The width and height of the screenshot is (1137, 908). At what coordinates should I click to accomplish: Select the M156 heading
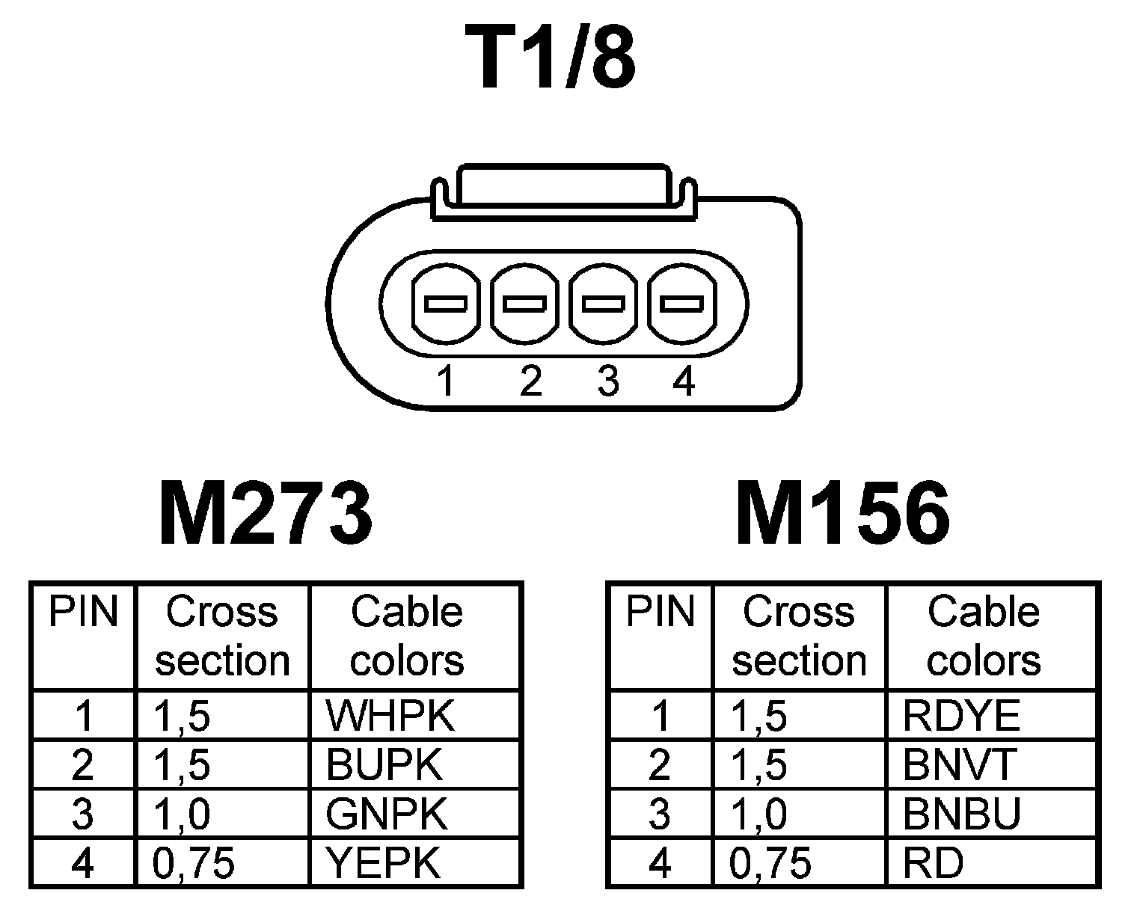842,514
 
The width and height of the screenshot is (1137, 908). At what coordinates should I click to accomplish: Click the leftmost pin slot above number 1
446,304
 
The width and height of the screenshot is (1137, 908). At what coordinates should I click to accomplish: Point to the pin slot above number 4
681,304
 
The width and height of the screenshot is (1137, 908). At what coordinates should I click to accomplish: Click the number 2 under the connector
530,381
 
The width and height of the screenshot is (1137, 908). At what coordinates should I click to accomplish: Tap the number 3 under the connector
608,381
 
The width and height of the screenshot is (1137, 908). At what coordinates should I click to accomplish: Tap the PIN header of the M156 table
660,612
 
